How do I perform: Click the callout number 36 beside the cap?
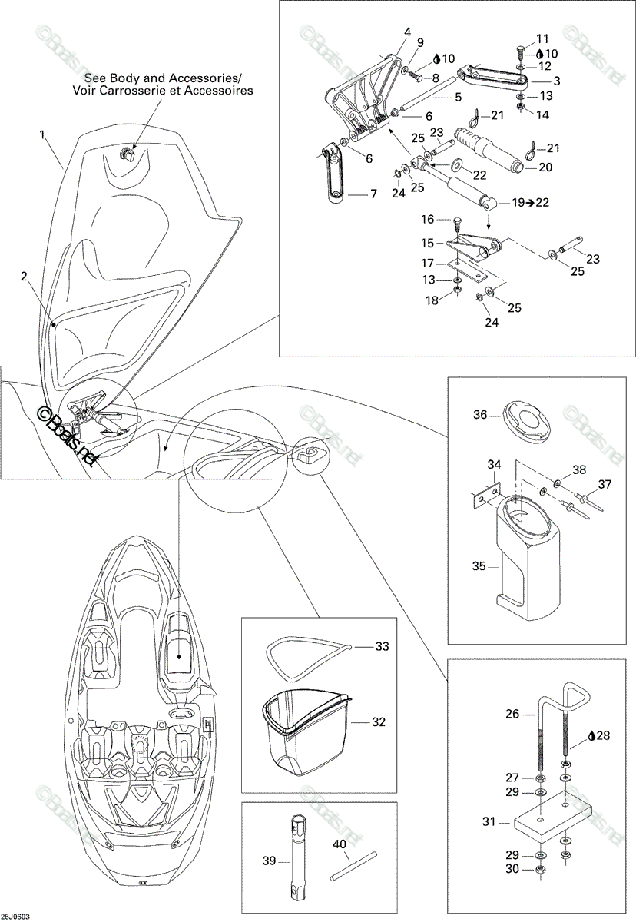tap(480, 414)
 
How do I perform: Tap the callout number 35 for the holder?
tap(479, 566)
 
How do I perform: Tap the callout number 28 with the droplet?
tap(602, 735)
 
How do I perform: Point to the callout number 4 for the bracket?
tap(407, 32)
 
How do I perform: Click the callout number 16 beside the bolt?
tap(427, 219)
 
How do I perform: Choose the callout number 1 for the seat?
tap(42, 134)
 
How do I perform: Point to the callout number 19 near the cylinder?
tap(518, 203)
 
